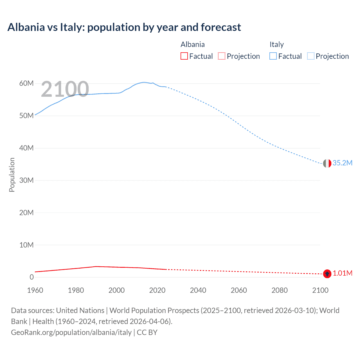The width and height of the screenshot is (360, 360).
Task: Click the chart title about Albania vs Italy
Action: pyautogui.click(x=124, y=27)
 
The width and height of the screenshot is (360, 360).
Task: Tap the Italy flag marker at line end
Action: pyautogui.click(x=327, y=163)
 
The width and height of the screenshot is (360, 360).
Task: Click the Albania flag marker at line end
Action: pyautogui.click(x=327, y=273)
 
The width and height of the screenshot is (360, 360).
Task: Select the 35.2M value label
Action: pyautogui.click(x=342, y=163)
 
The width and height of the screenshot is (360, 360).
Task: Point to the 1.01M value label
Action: pyautogui.click(x=343, y=273)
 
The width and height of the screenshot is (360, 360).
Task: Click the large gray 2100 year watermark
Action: pyautogui.click(x=65, y=89)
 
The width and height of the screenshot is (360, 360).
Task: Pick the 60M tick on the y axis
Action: pyautogui.click(x=26, y=83)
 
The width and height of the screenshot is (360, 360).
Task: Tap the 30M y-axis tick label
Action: pyautogui.click(x=26, y=180)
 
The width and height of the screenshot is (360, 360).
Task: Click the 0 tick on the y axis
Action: pyautogui.click(x=31, y=277)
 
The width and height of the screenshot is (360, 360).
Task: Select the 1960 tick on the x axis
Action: pyautogui.click(x=35, y=290)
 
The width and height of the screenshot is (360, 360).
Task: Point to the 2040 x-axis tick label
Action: pyautogui.click(x=198, y=290)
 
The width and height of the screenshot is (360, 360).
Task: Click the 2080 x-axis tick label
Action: pyautogui.click(x=280, y=290)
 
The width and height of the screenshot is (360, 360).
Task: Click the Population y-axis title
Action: pyautogui.click(x=12, y=175)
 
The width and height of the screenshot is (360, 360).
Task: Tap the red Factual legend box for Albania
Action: pyautogui.click(x=184, y=56)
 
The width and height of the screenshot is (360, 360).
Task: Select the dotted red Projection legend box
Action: pyautogui.click(x=222, y=56)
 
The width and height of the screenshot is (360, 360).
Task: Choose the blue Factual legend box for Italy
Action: pyautogui.click(x=273, y=56)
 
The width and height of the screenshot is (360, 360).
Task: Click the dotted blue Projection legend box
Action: pyautogui.click(x=310, y=56)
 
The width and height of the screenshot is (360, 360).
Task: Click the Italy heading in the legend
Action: pyautogui.click(x=276, y=44)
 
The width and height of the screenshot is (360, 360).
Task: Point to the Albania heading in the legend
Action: pyautogui.click(x=192, y=44)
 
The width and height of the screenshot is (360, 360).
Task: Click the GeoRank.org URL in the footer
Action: pyautogui.click(x=71, y=332)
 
